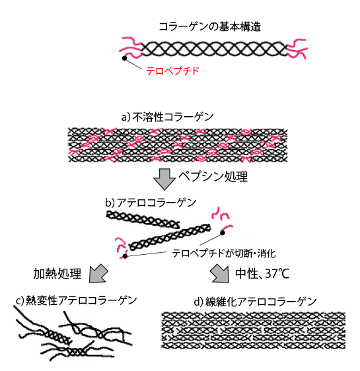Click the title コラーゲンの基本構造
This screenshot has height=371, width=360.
point(209,26)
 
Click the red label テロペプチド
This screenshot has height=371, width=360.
point(173,71)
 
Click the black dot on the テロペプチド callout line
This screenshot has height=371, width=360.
point(124,58)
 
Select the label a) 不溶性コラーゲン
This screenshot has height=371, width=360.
point(168,117)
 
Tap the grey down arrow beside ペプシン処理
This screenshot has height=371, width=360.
point(164,179)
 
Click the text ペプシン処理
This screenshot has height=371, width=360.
point(213,176)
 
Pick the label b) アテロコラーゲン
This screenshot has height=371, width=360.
point(151,203)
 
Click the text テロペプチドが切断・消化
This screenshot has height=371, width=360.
point(224,253)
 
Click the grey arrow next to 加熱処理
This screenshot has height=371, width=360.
point(98,274)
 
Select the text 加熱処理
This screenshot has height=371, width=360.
point(57,274)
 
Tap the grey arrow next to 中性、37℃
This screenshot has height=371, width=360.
point(220,274)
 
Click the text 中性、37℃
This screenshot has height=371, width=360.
point(262,274)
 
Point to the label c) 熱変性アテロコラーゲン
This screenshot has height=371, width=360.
point(77,300)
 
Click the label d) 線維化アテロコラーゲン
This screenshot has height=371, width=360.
point(255,302)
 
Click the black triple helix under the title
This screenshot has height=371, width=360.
point(214,50)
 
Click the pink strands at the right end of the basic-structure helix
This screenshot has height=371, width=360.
point(297,48)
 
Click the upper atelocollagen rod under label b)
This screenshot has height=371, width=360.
point(143,220)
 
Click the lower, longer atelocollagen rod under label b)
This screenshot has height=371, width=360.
point(170,236)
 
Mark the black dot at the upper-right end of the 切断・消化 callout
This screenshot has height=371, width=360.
point(223,233)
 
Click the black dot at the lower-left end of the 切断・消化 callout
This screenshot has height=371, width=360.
point(126,256)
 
